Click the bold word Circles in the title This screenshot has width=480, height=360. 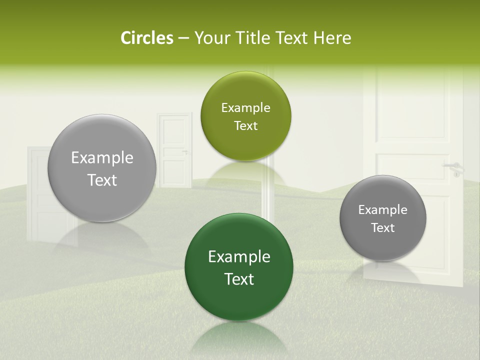[x=147, y=38]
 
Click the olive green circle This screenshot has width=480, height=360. [x=245, y=116]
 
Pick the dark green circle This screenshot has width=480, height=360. [x=239, y=267]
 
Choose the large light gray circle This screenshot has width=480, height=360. [x=102, y=168]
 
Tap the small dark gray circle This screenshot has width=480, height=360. [x=382, y=218]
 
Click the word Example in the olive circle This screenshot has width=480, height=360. [x=245, y=107]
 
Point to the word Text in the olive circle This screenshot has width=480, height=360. [x=245, y=125]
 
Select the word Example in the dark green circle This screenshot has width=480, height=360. [x=239, y=256]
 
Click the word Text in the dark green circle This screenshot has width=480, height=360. [x=239, y=278]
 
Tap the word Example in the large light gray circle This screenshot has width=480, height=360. [x=102, y=157]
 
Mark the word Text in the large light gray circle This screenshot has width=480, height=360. [x=102, y=179]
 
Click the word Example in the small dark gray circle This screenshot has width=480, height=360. [x=382, y=209]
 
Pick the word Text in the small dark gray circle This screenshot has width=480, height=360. [x=382, y=227]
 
